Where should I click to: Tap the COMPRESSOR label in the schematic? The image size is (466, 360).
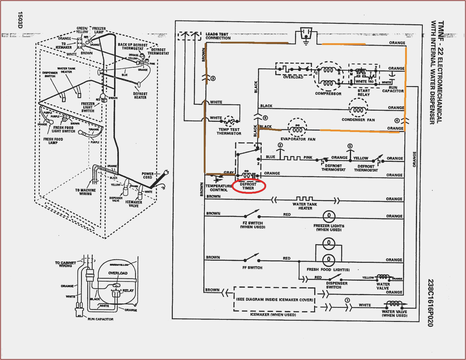click(328, 94)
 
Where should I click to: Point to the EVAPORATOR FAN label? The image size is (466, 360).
click(298, 139)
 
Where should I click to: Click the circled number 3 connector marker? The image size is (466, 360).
click(213, 79)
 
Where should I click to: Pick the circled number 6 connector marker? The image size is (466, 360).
click(265, 118)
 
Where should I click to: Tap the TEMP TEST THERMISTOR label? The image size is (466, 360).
click(229, 131)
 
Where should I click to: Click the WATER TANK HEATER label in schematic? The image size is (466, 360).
click(305, 206)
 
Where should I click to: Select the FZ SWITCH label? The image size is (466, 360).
click(252, 225)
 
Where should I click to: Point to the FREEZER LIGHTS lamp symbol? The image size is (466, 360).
click(329, 216)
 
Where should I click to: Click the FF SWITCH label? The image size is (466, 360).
click(252, 268)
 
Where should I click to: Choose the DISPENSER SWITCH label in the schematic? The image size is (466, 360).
click(337, 285)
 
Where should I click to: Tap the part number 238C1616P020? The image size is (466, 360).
click(430, 303)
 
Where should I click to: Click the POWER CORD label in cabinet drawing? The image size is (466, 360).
click(148, 175)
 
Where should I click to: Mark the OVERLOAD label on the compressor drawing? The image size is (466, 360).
click(118, 273)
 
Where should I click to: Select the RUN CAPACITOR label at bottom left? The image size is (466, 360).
click(100, 319)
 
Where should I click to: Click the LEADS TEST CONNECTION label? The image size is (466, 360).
click(218, 36)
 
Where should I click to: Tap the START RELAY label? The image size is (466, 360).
click(363, 92)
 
